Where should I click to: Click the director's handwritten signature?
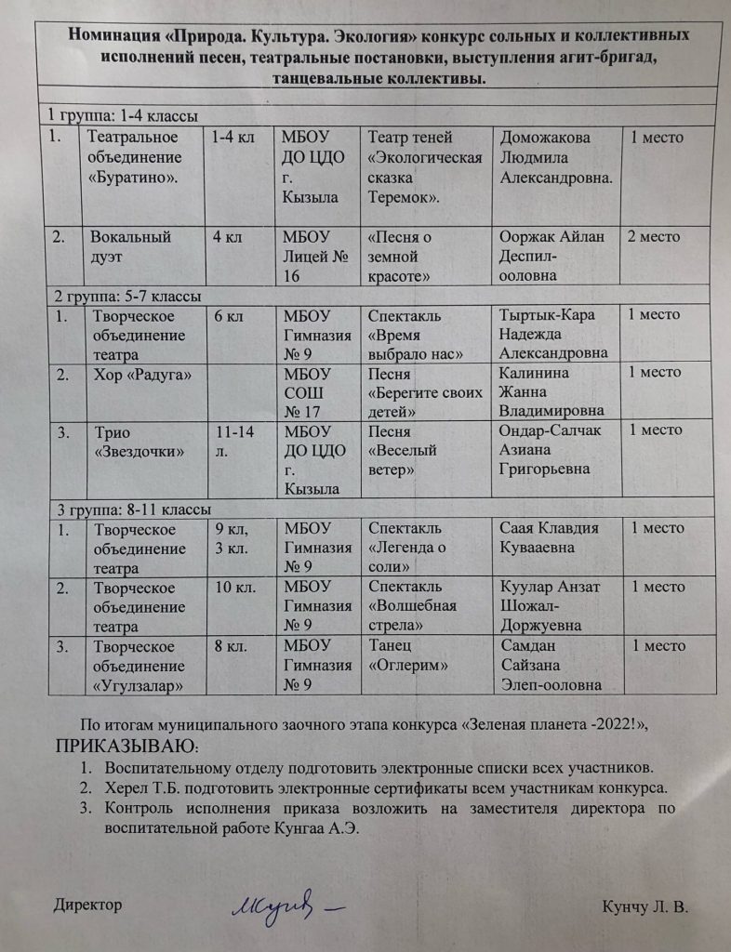click(x=284, y=905)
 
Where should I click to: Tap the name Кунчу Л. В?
click(x=645, y=906)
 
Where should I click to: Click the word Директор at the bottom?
click(x=87, y=905)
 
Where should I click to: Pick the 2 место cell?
click(x=656, y=237)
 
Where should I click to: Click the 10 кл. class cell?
click(x=229, y=588)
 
